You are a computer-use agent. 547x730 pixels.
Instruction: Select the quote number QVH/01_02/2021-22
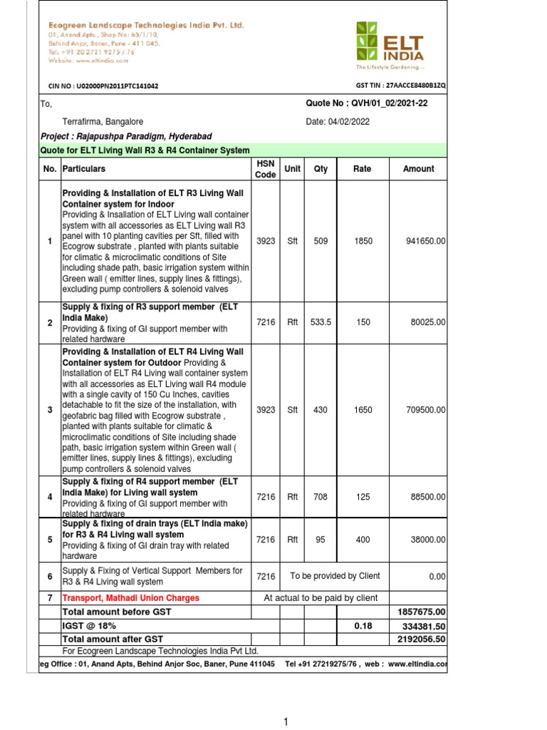tap(366, 103)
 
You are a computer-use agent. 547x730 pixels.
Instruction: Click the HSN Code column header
tap(265, 169)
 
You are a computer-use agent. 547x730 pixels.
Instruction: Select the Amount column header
tap(418, 169)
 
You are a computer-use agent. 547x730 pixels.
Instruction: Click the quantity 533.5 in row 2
tap(321, 322)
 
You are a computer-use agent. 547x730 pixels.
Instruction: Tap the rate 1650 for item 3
tap(363, 410)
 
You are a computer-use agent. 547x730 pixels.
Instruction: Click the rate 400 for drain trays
tap(363, 540)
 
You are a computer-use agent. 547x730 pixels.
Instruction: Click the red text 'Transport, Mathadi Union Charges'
tap(131, 598)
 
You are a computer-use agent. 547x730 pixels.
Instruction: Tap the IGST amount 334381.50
tap(424, 625)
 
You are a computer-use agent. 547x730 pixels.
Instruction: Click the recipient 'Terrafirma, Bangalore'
tap(103, 122)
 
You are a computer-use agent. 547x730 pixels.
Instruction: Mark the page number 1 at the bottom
tap(286, 721)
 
